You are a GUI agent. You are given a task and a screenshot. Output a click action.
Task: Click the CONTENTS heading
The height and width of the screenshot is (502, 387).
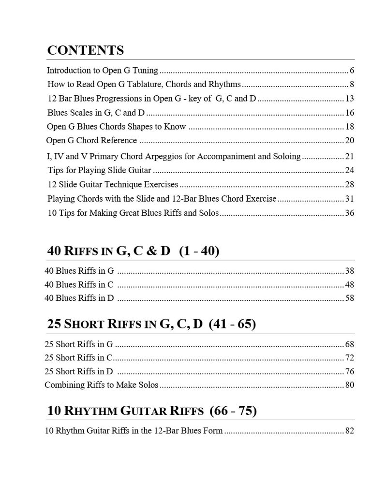[x=85, y=50]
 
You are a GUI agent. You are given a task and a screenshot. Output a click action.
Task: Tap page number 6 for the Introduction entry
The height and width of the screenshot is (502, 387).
[x=352, y=70]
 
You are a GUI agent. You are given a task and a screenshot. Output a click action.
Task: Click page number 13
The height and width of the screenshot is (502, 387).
[x=349, y=98]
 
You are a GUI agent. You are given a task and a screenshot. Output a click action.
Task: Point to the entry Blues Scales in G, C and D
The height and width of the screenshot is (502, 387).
[x=96, y=113]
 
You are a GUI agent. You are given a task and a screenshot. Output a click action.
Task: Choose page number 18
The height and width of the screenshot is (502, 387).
[x=349, y=127]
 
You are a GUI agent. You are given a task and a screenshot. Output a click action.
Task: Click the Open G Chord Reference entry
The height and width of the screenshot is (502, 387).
[x=91, y=140]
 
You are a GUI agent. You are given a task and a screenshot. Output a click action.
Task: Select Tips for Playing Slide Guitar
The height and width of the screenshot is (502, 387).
[x=99, y=170]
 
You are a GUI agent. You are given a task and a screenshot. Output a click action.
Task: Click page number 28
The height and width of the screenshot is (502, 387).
[x=349, y=184]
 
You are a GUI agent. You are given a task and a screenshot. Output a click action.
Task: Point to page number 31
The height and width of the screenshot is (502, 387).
[x=349, y=198]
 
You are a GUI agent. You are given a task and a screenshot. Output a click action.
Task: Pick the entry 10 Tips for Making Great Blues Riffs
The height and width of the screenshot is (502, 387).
[x=133, y=213]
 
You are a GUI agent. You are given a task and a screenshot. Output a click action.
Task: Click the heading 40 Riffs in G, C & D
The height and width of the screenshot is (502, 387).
[x=133, y=251]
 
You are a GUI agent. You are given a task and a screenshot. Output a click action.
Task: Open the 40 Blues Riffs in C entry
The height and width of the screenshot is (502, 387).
[x=79, y=284]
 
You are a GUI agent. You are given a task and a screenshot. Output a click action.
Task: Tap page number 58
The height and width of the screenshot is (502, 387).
[x=349, y=298]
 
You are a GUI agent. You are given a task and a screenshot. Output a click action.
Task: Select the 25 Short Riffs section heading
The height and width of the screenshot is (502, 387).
[x=151, y=324]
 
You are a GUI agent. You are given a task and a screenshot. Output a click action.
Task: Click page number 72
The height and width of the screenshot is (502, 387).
[x=349, y=358]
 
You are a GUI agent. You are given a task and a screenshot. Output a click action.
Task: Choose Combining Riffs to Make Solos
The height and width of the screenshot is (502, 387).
[x=101, y=385]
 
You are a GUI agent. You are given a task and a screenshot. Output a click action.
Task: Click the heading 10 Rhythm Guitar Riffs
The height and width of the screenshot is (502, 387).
[x=151, y=411]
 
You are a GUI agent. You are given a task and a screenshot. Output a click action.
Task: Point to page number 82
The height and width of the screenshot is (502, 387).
[x=349, y=430]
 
